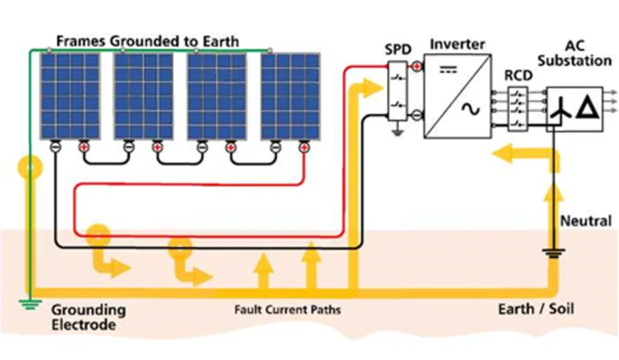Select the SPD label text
coord(398,51)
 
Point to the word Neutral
coord(586,221)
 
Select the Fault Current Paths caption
coord(287,309)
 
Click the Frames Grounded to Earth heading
coord(147,41)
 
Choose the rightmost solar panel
coord(290,96)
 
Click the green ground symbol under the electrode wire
coord(28,303)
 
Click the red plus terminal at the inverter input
coord(417,66)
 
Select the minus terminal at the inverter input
coord(417,116)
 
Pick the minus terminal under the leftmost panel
coord(55,147)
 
